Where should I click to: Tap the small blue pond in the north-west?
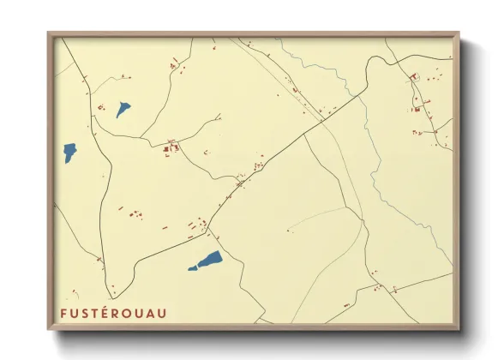123,109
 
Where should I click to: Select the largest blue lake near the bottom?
209,259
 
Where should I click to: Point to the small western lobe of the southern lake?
193,267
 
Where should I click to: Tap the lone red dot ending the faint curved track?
288,231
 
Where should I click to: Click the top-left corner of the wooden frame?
49,34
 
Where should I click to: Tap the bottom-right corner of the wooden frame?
460,329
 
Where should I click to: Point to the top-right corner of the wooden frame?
459,34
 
